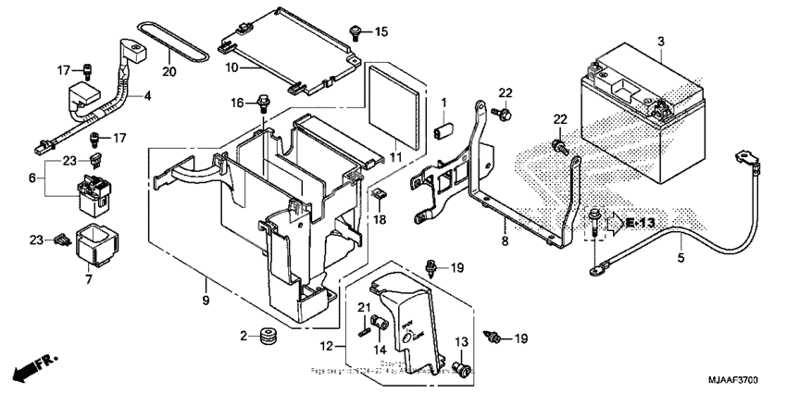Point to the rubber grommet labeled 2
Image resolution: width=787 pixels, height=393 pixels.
(x=270, y=336)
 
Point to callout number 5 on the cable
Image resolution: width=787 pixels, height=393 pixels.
(x=681, y=258)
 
